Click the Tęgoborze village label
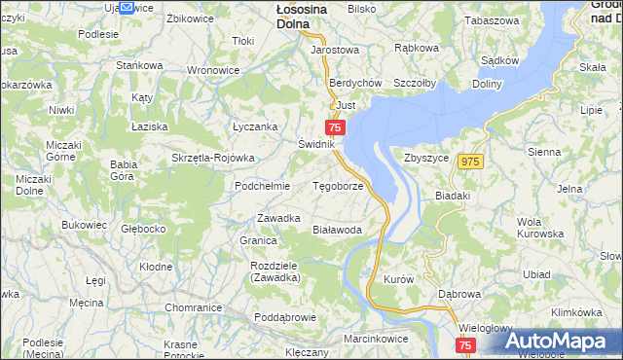337,186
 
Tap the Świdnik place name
316,144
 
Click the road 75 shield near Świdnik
335,127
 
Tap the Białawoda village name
337,230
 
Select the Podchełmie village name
263,186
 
